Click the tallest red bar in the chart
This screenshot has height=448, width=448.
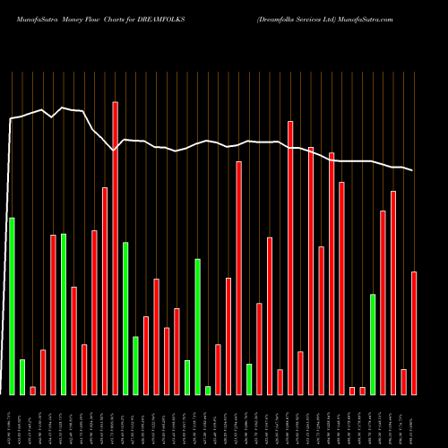(116, 248)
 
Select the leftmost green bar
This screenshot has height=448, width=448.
(12, 306)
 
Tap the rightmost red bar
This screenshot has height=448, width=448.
(414, 332)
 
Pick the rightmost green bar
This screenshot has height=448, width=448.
(373, 344)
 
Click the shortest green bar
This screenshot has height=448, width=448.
(208, 390)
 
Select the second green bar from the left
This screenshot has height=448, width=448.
(22, 376)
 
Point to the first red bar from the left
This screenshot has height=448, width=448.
(33, 390)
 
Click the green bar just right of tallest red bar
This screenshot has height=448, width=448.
(125, 318)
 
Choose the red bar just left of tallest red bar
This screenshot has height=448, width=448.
(105, 290)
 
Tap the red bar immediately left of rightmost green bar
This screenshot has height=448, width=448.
(363, 390)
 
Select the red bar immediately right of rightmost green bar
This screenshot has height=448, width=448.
(383, 302)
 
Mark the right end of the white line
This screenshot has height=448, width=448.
(412, 170)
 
